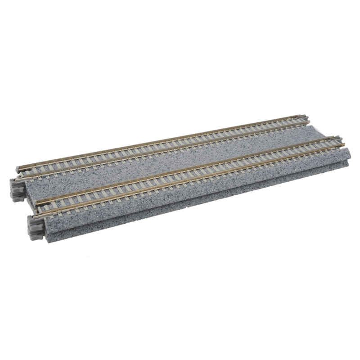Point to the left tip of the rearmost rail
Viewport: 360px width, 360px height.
coord(18,167)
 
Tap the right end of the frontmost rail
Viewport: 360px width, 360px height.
coord(344,144)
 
